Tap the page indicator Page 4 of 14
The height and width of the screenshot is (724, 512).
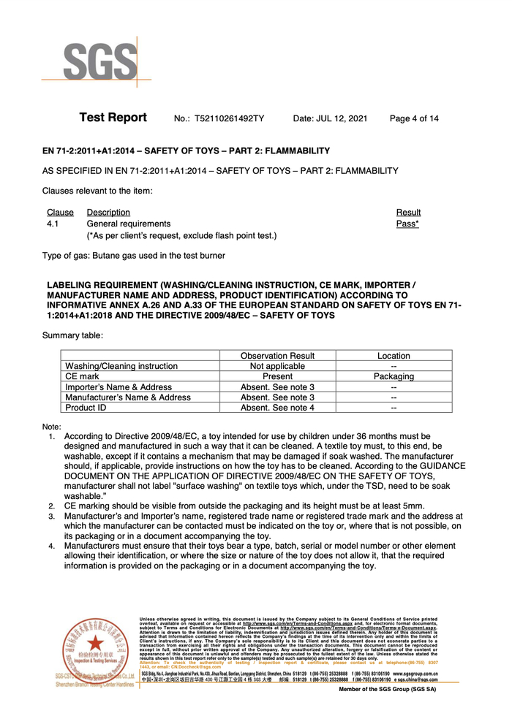[x=415, y=118]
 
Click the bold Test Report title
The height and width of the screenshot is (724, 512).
[x=113, y=118]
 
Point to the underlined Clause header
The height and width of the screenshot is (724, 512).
[x=60, y=213]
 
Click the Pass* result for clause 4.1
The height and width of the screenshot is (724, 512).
[x=407, y=224]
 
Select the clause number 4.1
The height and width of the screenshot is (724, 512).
[x=53, y=224]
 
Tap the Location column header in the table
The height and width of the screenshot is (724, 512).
[x=394, y=356]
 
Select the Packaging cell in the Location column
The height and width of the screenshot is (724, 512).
[x=394, y=376]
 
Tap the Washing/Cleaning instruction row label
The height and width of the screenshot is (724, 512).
[x=121, y=366]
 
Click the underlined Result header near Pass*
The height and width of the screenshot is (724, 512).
[x=408, y=213]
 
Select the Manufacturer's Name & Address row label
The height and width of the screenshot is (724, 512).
[x=128, y=397]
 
